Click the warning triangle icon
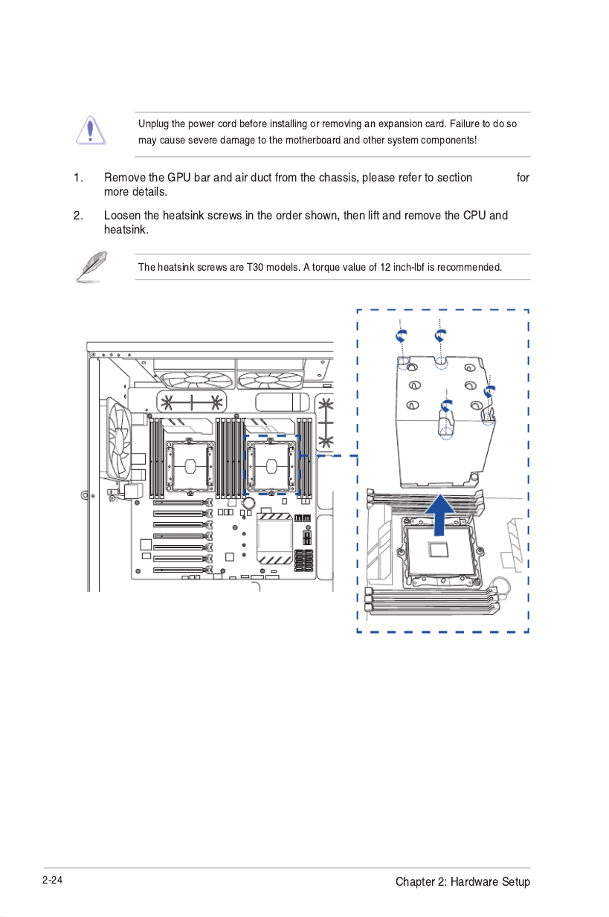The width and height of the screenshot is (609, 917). click(x=90, y=129)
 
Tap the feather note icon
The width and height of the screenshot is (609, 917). click(x=91, y=266)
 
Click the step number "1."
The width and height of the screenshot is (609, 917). click(x=78, y=178)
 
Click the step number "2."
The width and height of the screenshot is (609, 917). click(x=78, y=216)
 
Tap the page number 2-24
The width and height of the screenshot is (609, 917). click(x=53, y=881)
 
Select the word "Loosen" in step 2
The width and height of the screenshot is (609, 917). click(x=123, y=216)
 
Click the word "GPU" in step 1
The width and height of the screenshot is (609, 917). click(x=178, y=178)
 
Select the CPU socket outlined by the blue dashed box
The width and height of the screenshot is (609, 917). click(x=272, y=466)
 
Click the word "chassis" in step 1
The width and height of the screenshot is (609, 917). click(x=337, y=178)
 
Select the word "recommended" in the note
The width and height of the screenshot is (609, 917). click(x=470, y=267)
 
